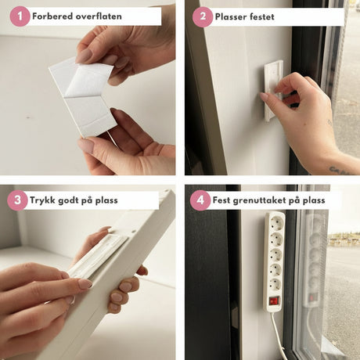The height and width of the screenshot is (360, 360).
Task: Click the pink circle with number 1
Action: tap(20, 16)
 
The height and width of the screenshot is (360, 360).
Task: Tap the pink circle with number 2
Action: tap(203, 17)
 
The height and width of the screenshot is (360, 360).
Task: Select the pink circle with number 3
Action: tap(17, 200)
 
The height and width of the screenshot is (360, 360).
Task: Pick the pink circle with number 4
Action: tap(200, 200)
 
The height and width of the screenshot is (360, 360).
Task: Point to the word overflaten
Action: tap(99, 16)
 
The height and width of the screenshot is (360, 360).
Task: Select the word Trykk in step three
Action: tap(42, 200)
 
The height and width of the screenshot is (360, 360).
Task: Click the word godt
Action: tap(68, 200)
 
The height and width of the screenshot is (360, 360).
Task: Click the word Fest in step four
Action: tap(221, 200)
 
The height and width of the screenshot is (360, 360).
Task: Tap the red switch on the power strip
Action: tap(274, 301)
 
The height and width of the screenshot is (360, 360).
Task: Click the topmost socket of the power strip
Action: tap(276, 223)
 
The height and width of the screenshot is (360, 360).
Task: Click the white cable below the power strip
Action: tap(277, 335)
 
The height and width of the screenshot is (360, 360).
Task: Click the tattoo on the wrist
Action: tap(339, 170)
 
